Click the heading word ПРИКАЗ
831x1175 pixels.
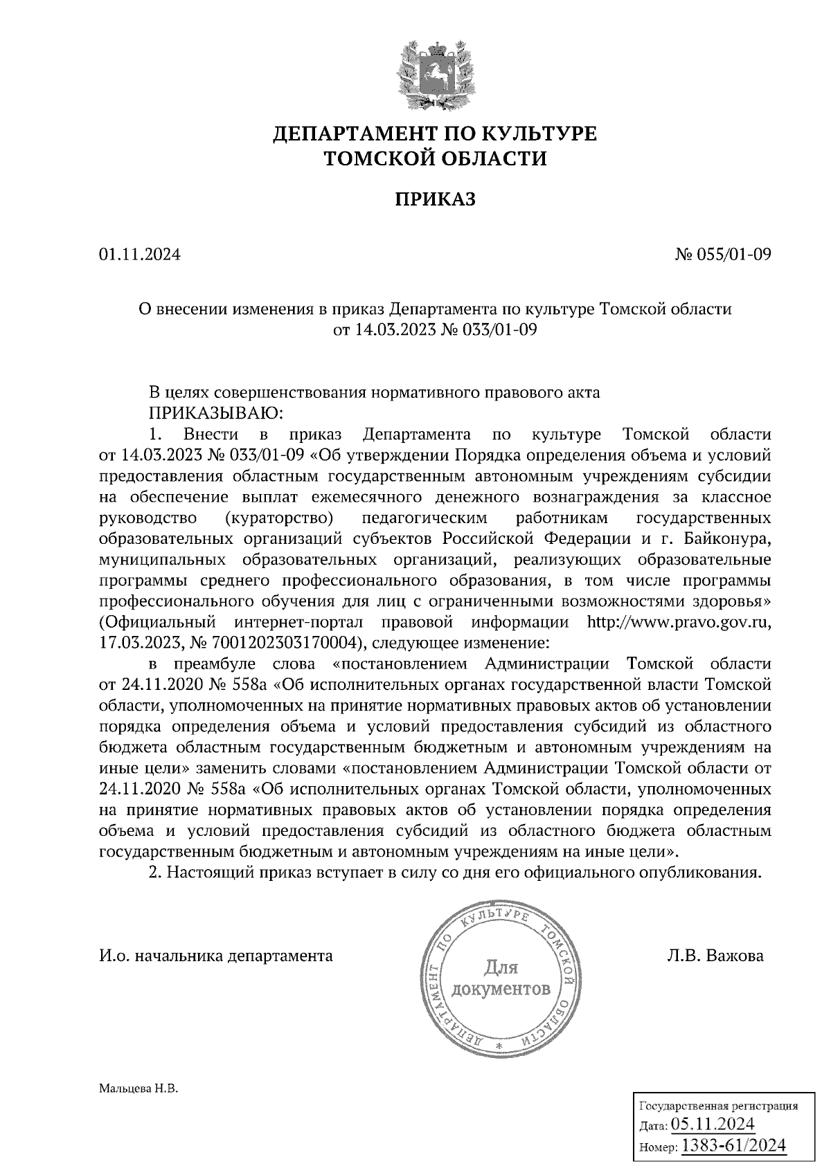436,199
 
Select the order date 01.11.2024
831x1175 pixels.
139,255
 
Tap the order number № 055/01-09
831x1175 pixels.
722,255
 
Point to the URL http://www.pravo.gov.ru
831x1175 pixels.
679,621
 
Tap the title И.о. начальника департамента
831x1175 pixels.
215,956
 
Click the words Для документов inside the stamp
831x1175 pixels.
501,977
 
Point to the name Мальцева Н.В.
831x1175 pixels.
138,1089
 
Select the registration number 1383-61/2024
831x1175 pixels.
734,1146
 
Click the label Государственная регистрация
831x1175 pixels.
717,1105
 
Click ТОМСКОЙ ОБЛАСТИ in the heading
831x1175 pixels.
436,159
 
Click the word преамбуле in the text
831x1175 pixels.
213,664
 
